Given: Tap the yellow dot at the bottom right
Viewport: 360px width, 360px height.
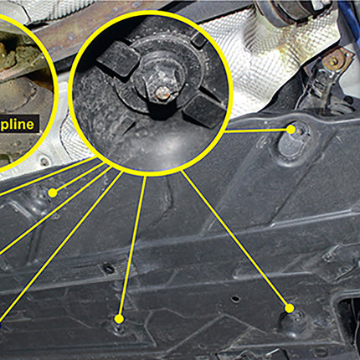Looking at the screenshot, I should coord(290,309).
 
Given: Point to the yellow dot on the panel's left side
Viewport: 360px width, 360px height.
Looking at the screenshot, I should coord(52,192).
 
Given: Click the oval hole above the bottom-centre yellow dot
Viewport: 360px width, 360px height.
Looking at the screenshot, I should coord(108,268).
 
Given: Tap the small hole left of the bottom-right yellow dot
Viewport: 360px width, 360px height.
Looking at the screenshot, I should coord(237,298).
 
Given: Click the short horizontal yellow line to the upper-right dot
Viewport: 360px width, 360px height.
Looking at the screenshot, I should coord(255,131).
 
